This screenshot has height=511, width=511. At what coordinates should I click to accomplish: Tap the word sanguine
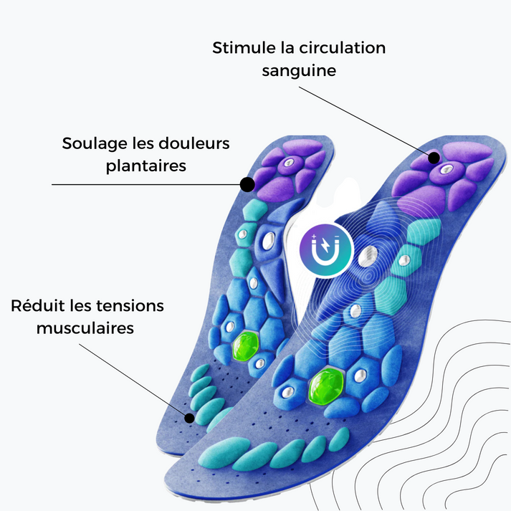(299, 71)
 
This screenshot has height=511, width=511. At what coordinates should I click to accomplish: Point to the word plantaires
(146, 166)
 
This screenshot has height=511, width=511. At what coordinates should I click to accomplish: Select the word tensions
(130, 306)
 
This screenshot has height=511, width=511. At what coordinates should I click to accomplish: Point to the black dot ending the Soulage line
(247, 185)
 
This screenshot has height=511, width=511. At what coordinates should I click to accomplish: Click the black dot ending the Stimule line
(434, 158)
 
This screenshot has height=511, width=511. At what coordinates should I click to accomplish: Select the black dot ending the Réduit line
(190, 418)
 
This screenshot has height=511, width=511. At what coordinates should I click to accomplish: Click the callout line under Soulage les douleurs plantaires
(143, 185)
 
